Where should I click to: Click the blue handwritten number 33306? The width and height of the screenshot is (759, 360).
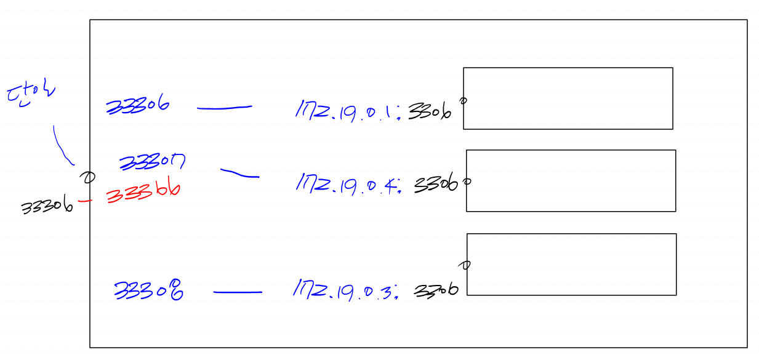(x=138, y=106)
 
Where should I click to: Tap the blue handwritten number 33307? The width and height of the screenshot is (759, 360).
(x=152, y=162)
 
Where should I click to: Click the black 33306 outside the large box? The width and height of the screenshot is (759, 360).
(x=47, y=207)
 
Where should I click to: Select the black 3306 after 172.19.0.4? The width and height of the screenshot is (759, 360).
(x=436, y=184)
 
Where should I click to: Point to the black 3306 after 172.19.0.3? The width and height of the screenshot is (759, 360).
(x=436, y=290)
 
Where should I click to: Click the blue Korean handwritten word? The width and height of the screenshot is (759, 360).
(x=30, y=95)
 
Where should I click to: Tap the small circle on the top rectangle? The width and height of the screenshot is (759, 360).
(x=464, y=100)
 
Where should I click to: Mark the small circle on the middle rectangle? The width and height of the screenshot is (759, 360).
(x=467, y=182)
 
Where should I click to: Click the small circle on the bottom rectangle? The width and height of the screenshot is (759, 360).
(x=466, y=265)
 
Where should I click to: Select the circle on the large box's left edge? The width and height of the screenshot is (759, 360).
(x=89, y=178)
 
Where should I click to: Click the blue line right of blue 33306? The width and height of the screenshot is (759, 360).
(x=224, y=108)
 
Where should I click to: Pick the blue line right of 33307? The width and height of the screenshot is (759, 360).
(x=239, y=174)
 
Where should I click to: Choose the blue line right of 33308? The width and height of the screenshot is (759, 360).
(x=238, y=292)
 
